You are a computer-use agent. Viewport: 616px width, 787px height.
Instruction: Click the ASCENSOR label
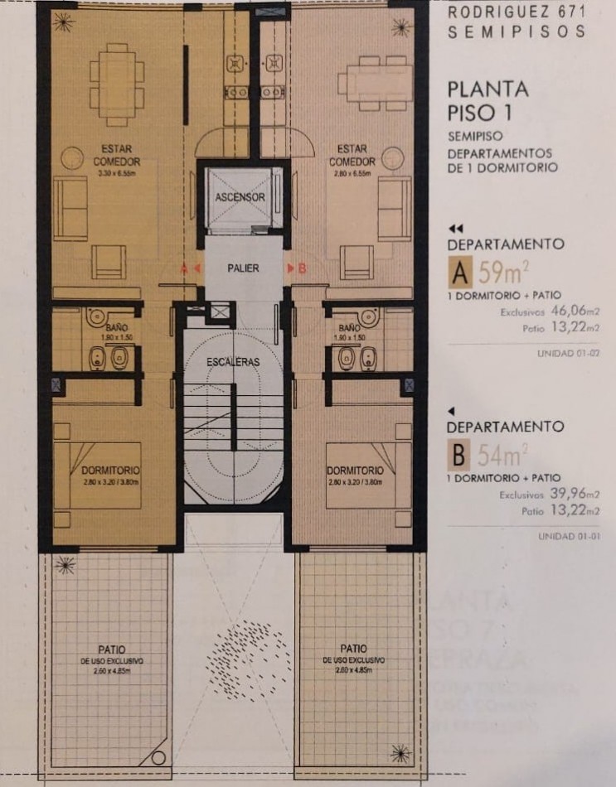[240, 198]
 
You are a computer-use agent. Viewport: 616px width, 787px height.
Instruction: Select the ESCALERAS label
[234, 361]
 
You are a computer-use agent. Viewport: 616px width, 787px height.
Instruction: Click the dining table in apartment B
[374, 83]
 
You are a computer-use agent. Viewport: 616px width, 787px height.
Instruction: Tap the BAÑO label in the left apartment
[104, 329]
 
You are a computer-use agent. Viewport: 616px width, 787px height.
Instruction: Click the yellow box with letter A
[458, 273]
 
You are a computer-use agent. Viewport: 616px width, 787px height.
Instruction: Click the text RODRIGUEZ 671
[516, 13]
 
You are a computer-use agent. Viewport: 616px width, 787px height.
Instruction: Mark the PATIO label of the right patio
[354, 649]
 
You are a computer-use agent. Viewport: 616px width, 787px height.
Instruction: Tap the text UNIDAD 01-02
[569, 354]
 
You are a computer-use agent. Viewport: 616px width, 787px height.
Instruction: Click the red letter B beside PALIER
[302, 268]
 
